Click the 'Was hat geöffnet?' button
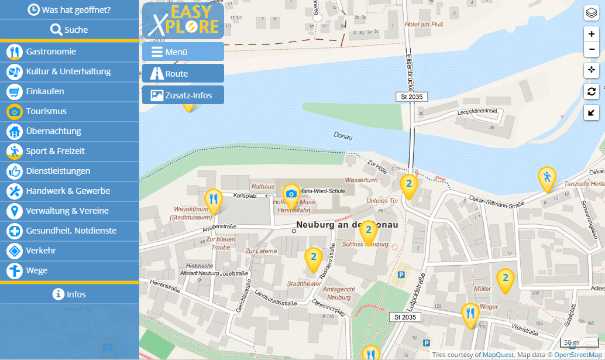(x=69, y=10)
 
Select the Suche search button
(x=69, y=30)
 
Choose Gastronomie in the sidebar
(x=51, y=52)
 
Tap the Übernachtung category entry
(x=53, y=131)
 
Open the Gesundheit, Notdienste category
(x=71, y=231)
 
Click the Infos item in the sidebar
(x=69, y=294)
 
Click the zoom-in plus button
(x=592, y=34)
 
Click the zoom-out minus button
(x=592, y=49)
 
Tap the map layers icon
(x=592, y=13)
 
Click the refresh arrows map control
(x=592, y=91)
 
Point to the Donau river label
(x=343, y=136)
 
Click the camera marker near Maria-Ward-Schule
(x=291, y=195)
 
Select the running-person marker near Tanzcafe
(x=547, y=178)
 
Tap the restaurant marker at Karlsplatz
(x=214, y=200)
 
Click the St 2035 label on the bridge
(x=412, y=97)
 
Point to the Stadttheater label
(x=304, y=284)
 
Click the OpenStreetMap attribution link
(x=577, y=355)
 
